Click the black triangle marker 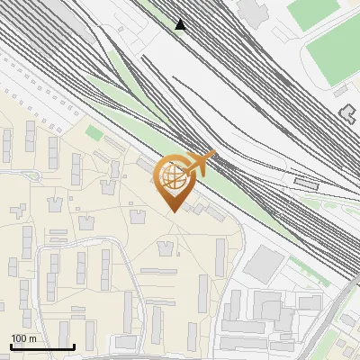pyautogui.click(x=181, y=24)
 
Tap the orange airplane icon pyautogui.click(x=200, y=165)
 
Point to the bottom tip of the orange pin pyautogui.click(x=173, y=211)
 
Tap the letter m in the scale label pyautogui.click(x=32, y=338)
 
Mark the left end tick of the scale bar pyautogui.click(x=11, y=346)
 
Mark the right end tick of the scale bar pyautogui.click(x=73, y=346)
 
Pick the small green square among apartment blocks pyautogui.click(x=94, y=133)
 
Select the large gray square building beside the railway pyautogui.click(x=263, y=263)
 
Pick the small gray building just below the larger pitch pyautogui.click(x=341, y=91)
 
